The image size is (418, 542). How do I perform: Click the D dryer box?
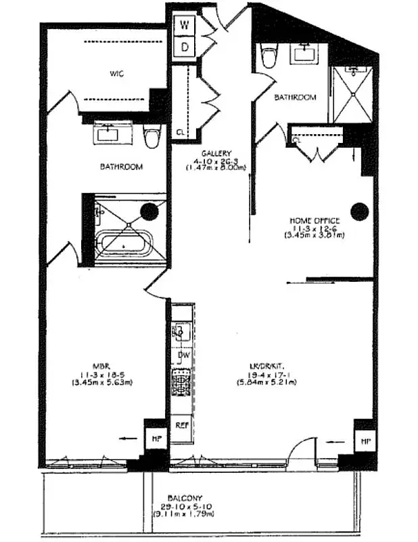183,47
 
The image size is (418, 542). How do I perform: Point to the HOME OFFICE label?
315,220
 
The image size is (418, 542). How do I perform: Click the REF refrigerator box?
182,426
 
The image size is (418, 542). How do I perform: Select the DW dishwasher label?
183,355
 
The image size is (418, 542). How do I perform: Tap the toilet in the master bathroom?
152,137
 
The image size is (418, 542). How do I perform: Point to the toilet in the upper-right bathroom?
269,56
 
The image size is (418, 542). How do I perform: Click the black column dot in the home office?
359,212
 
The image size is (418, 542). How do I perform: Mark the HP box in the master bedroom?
154,439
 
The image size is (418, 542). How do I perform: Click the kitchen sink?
181,331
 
